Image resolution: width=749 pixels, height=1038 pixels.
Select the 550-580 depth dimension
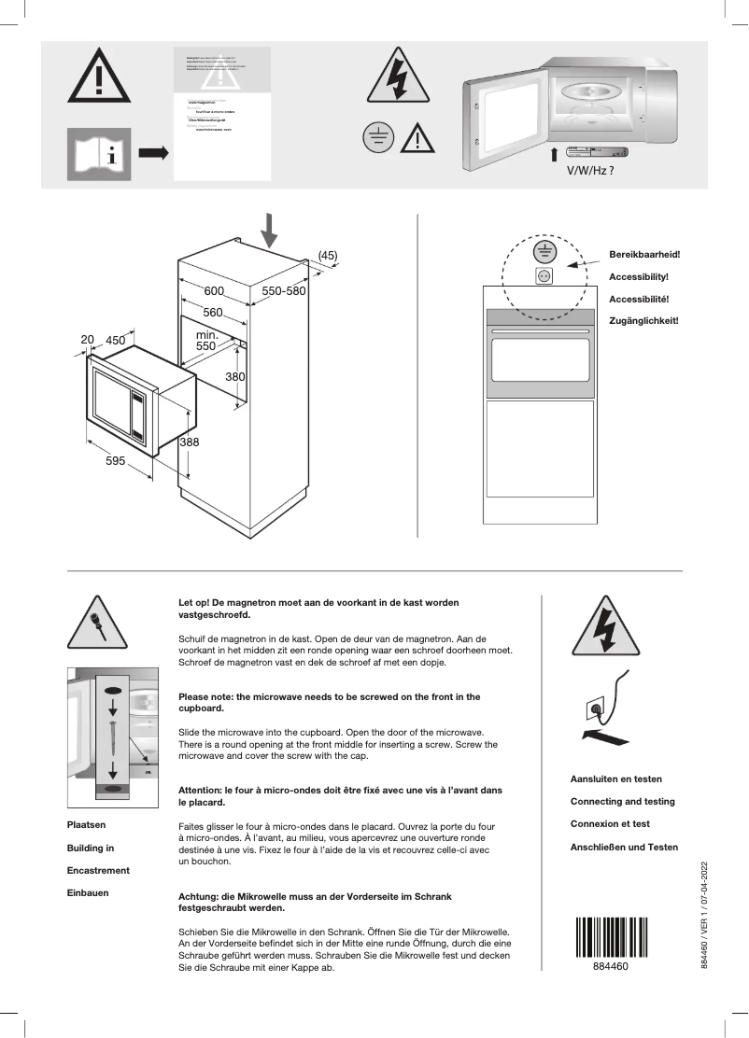pyautogui.click(x=284, y=291)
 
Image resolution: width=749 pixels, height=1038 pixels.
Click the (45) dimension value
pyautogui.click(x=328, y=255)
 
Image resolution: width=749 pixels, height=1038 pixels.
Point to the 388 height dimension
pyautogui.click(x=189, y=442)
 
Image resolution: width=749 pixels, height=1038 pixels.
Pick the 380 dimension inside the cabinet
pyautogui.click(x=235, y=376)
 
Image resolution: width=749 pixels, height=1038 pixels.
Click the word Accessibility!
pyautogui.click(x=639, y=277)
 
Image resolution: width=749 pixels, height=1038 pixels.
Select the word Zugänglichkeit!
pyautogui.click(x=643, y=320)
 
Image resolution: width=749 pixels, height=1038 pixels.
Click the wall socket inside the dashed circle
pyautogui.click(x=544, y=275)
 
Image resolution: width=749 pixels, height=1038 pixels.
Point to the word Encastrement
pyautogui.click(x=98, y=870)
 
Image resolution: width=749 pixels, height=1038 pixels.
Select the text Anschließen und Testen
pyautogui.click(x=624, y=847)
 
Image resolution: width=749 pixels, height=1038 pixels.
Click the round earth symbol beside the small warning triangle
pyautogui.click(x=376, y=138)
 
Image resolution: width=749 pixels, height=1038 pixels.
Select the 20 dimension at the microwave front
pyautogui.click(x=88, y=341)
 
